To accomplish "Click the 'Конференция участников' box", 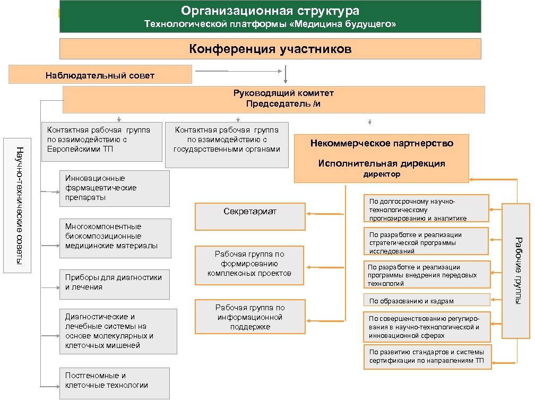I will point(270,49).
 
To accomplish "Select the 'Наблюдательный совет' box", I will point(100,75).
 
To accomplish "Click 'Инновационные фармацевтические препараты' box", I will point(114,188).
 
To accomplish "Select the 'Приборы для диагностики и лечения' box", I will point(114,283).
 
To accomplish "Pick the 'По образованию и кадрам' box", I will point(427,301).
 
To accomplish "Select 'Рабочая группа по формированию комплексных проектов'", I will point(250,265).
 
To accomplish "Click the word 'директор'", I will point(382,175).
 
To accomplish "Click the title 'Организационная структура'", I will point(270,11).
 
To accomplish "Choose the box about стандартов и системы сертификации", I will point(427,357).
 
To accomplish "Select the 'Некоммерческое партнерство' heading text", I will point(382,143).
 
